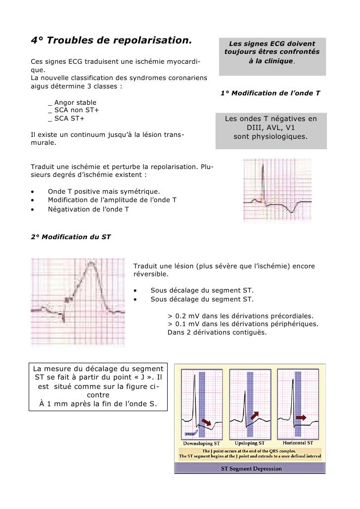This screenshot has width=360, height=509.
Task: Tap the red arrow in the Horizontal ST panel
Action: (x=301, y=418)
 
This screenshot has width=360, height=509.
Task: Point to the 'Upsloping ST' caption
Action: (x=251, y=443)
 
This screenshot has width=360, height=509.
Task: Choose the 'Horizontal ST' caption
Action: (x=298, y=443)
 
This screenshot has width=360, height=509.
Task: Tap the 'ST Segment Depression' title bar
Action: (x=251, y=468)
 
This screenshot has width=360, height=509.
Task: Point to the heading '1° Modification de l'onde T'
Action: (x=270, y=93)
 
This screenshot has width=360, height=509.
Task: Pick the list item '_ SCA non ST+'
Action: (x=74, y=110)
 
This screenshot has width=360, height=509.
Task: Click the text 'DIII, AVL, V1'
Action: (x=271, y=127)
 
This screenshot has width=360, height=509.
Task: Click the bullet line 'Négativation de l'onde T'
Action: (x=88, y=209)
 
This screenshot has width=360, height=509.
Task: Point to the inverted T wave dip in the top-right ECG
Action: (x=292, y=212)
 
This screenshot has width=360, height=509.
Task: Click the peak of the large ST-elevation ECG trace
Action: (x=90, y=263)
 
